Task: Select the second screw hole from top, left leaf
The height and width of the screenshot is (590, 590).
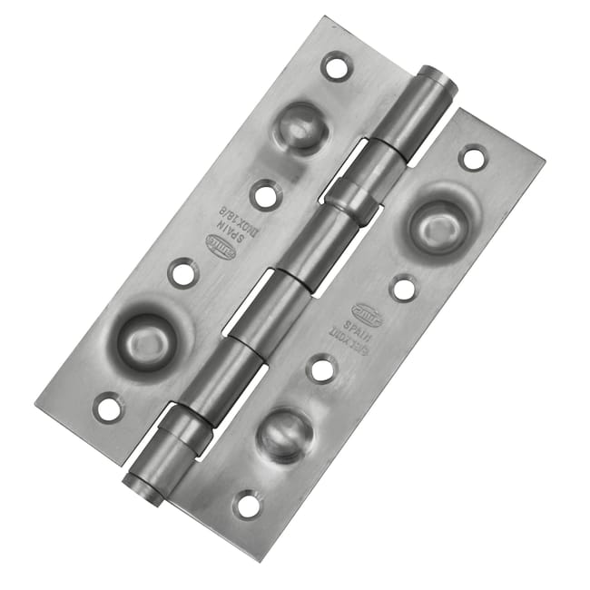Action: [x=265, y=193]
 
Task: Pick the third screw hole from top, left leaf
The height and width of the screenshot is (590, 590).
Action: [x=183, y=271]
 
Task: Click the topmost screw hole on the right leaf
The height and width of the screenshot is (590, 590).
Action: [x=473, y=157]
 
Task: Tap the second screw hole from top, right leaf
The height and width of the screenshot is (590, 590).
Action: [x=403, y=287]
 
